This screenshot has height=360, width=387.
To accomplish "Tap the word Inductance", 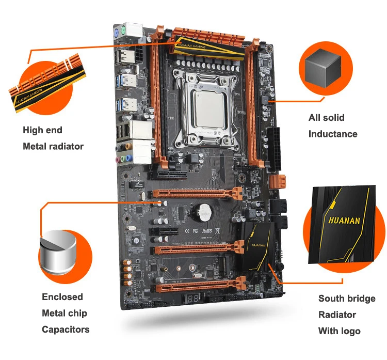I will [x=332, y=134].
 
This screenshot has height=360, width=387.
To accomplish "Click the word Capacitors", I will [x=66, y=330].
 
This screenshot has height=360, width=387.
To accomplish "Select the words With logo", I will [x=339, y=331].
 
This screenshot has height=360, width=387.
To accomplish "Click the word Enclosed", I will [x=62, y=296].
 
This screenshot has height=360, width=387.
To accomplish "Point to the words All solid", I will [x=326, y=118].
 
